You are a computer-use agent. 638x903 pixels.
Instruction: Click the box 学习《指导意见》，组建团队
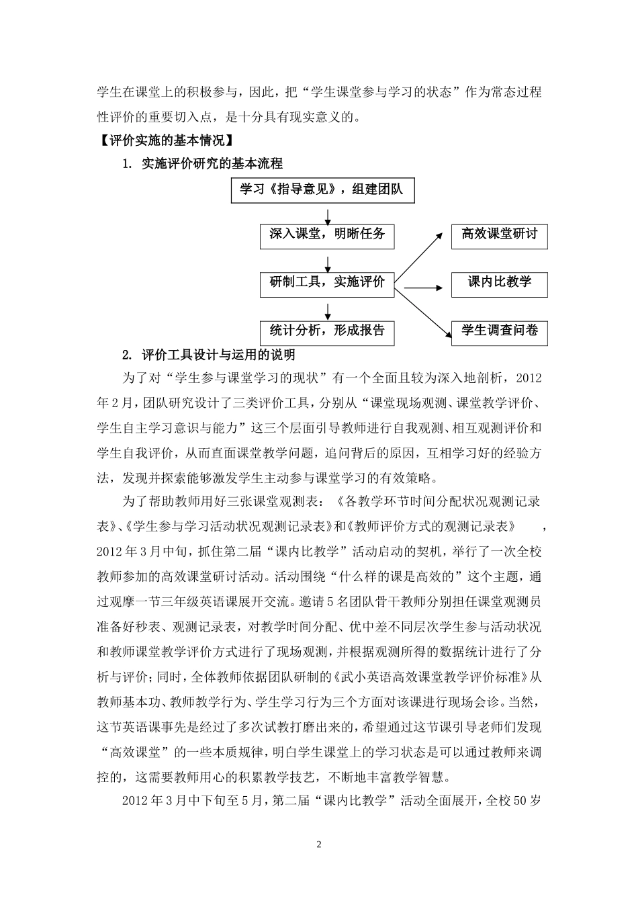[x=322, y=190]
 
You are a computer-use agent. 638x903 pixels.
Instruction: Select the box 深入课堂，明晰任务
[x=327, y=235]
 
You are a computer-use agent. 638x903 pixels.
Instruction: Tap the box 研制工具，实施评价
[x=327, y=283]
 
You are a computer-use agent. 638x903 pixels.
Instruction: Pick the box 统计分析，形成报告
[x=327, y=331]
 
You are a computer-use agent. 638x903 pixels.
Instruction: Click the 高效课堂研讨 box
[x=499, y=236]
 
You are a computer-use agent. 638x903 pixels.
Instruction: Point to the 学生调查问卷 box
[x=499, y=332]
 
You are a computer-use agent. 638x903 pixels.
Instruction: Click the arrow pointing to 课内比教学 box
[x=422, y=288]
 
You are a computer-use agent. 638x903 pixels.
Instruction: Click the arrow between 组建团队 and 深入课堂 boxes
[x=327, y=214]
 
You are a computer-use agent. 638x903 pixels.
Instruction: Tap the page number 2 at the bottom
[x=319, y=845]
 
